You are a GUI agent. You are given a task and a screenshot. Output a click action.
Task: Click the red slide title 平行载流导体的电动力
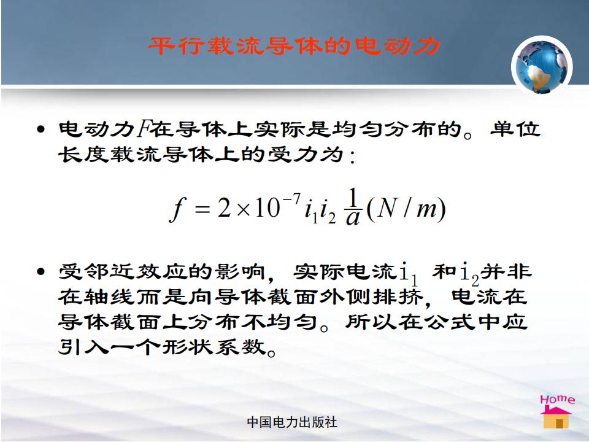294,46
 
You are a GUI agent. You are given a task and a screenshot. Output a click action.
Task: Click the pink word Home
558,399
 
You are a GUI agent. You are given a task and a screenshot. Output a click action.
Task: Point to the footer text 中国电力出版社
292,422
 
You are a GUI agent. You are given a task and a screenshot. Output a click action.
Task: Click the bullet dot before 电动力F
41,130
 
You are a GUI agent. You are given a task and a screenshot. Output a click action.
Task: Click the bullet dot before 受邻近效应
41,271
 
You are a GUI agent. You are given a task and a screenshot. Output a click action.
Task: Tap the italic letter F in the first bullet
143,129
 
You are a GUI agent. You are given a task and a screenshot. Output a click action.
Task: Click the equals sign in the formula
202,209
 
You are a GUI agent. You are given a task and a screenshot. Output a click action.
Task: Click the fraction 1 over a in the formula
352,207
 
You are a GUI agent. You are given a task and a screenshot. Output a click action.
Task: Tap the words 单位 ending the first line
515,129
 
